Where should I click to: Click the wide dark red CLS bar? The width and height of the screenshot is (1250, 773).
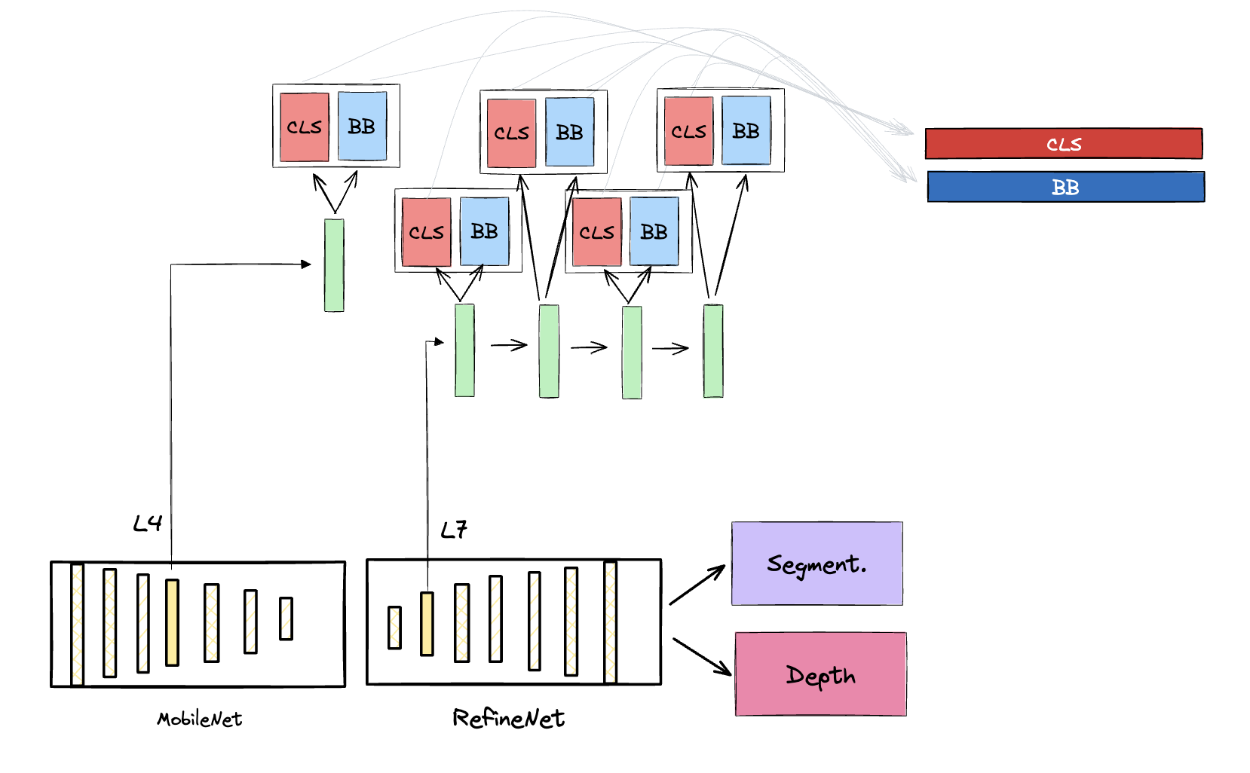1063,144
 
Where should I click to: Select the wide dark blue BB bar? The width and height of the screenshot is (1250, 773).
1065,187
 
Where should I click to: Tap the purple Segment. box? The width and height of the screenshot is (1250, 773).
816,564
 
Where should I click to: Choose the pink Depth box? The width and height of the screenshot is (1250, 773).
820,674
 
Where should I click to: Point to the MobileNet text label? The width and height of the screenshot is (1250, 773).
199,720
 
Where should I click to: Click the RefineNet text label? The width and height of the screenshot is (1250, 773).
508,719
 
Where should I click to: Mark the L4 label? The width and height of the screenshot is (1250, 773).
147,524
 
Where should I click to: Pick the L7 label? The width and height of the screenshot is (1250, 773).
454,530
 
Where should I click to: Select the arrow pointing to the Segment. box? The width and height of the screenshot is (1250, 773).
697,585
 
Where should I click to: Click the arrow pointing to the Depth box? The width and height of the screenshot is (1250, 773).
701,656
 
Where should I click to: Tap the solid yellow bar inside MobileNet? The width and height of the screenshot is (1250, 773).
172,622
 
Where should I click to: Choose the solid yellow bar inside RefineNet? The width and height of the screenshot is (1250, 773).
427,624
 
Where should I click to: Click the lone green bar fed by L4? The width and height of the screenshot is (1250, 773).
334,265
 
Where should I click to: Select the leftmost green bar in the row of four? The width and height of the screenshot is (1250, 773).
464,350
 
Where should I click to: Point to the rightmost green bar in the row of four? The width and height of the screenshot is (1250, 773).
713,351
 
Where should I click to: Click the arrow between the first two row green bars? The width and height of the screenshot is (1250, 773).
509,345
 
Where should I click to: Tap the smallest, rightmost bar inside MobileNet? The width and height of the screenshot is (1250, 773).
286,619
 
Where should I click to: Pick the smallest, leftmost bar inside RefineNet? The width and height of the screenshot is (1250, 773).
394,628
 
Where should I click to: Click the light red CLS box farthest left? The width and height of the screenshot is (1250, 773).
305,127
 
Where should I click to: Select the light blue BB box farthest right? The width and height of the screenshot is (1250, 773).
746,130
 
